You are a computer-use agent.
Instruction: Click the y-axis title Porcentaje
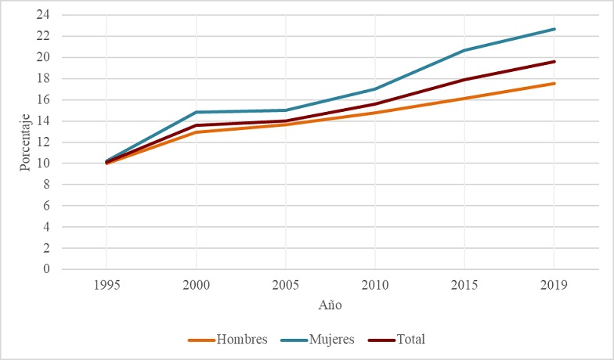coord(25,142)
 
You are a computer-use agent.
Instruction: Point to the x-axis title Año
coord(330,304)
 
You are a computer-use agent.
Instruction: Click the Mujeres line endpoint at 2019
coord(554,29)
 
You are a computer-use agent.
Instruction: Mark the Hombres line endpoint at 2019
coord(554,83)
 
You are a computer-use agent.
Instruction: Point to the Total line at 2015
coord(464,79)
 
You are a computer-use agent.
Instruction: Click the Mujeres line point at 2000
coord(196,112)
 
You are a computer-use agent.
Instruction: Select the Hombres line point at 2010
coord(375,113)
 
